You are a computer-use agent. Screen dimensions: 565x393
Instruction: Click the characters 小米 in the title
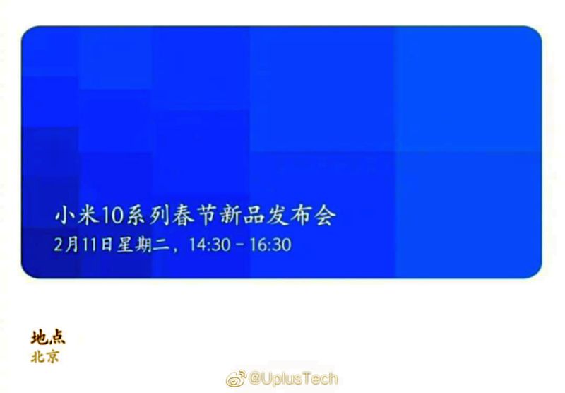pos(76,216)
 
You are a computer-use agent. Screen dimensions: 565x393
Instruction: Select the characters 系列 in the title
pos(148,216)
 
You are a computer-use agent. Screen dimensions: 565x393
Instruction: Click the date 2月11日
pos(83,245)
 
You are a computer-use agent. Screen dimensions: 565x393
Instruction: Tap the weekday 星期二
pos(143,245)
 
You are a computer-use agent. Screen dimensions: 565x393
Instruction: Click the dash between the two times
pos(240,245)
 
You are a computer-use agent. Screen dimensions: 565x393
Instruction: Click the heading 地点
pos(48,337)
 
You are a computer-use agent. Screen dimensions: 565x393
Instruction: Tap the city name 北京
pos(45,357)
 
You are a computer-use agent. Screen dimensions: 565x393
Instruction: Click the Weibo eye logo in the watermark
pos(236,379)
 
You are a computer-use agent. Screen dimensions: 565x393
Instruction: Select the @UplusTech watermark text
pos(293,379)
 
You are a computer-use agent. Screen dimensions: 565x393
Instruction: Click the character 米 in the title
pos(88,216)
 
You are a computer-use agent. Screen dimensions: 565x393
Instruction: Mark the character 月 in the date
pos(72,245)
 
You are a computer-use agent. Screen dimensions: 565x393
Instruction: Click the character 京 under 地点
pos(52,357)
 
